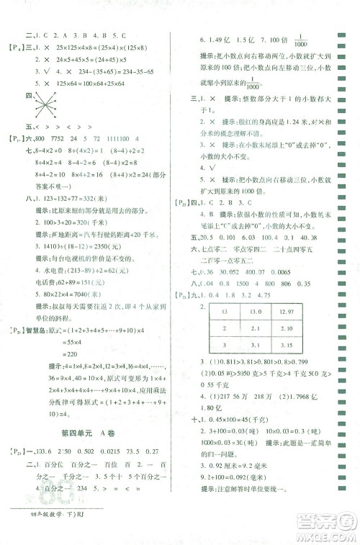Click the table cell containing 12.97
click(297, 311)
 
